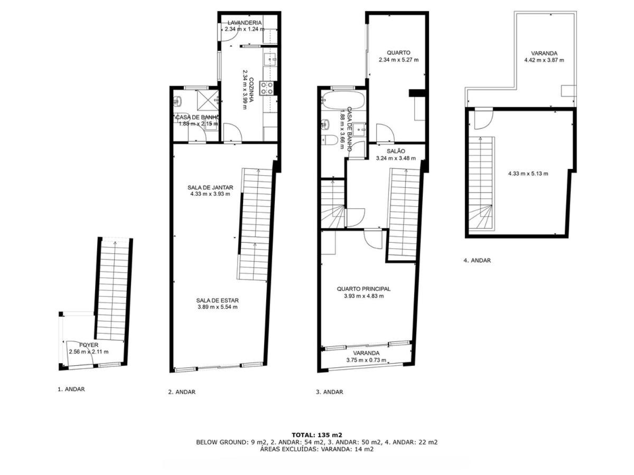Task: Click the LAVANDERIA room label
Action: click(245, 23)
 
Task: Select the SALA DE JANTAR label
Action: click(210, 187)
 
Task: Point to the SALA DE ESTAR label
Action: click(217, 300)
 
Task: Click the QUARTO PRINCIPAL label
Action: click(363, 289)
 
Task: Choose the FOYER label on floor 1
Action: click(89, 345)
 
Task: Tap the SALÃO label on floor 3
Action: click(396, 151)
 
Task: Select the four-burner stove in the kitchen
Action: click(266, 88)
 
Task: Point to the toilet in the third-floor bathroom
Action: click(330, 140)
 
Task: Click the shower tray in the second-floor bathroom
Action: click(208, 100)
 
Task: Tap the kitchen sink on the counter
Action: click(271, 59)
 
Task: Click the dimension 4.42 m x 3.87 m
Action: click(544, 60)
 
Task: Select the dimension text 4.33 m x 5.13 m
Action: click(528, 174)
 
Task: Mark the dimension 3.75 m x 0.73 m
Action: click(366, 360)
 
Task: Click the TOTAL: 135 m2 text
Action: click(316, 434)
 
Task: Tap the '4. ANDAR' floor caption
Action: click(477, 260)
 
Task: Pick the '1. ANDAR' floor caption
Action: click(71, 389)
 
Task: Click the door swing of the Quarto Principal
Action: click(373, 239)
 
